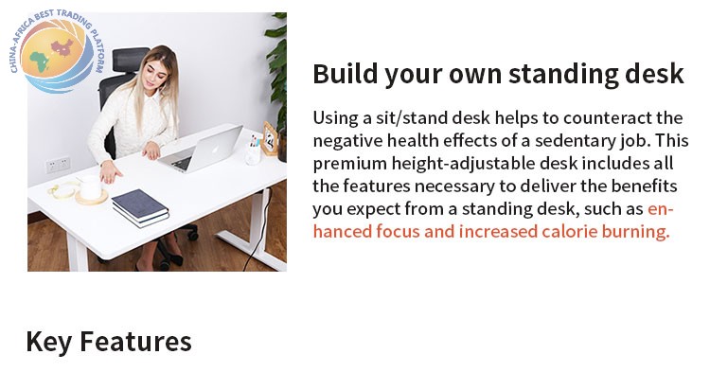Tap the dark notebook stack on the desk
(x=140, y=208)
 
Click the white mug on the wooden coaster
(x=91, y=187)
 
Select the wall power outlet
(x=58, y=165)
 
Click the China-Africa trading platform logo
(x=57, y=50)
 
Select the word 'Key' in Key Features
(x=49, y=342)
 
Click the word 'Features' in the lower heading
(x=135, y=342)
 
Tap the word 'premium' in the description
(x=349, y=164)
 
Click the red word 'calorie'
(x=569, y=232)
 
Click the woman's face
(x=155, y=76)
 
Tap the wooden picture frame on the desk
(x=270, y=138)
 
